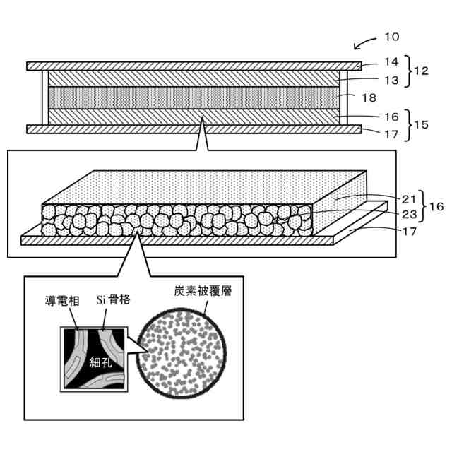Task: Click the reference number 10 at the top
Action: coord(392,37)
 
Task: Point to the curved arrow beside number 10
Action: coord(365,44)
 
